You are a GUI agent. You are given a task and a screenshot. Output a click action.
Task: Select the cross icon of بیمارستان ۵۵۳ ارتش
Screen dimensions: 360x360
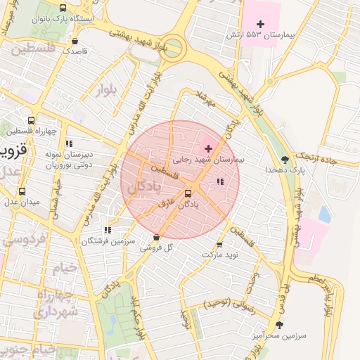point(260,24)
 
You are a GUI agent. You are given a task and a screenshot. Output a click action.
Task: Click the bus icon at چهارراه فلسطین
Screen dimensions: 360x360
point(30,121)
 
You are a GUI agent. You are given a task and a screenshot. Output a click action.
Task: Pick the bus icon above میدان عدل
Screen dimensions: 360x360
point(22,191)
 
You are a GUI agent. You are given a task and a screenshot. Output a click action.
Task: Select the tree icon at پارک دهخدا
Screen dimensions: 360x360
point(284,160)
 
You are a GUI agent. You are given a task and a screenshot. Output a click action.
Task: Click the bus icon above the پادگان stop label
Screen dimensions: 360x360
point(188,193)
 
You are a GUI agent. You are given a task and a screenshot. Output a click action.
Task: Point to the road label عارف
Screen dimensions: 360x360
point(167,204)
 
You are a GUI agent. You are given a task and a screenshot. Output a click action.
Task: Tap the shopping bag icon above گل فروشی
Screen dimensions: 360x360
point(156,238)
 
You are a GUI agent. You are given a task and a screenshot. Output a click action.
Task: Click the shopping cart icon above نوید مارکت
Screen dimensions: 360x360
point(219,245)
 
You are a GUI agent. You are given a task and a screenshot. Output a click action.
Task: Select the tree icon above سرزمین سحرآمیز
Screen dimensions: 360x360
point(280,324)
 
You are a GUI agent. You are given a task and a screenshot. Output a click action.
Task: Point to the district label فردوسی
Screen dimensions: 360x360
point(25,238)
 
